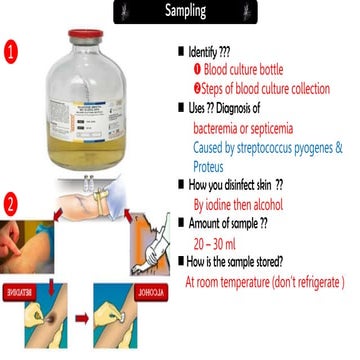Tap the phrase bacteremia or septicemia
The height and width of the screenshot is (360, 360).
[x=247, y=127]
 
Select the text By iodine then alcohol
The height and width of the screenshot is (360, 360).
[x=250, y=200]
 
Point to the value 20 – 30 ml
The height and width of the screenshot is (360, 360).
[x=218, y=237]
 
